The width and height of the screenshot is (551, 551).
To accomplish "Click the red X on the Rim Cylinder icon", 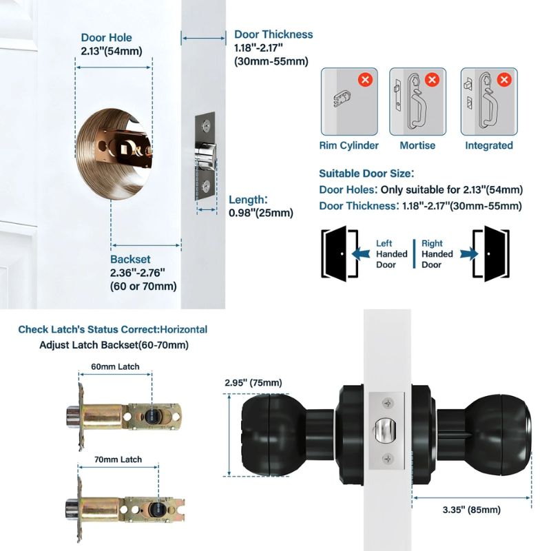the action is [366, 79].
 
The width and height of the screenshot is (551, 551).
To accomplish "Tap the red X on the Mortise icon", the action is [433, 79].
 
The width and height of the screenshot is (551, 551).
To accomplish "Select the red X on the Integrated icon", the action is [504, 79].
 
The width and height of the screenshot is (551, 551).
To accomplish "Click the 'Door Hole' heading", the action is [107, 38].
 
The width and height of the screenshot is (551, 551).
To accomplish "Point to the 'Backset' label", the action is [130, 259].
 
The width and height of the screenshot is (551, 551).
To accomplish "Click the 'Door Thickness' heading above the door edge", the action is [273, 34].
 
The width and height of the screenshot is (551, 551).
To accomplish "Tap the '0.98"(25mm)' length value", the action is [261, 213].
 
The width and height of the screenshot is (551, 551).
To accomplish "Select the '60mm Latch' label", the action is [115, 366].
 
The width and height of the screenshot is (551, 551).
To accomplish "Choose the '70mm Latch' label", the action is [118, 459].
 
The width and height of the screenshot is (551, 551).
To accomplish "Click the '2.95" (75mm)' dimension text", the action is [253, 382].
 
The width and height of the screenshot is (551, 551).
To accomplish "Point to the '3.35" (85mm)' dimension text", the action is [472, 510].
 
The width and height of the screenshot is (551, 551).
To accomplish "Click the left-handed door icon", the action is [340, 253].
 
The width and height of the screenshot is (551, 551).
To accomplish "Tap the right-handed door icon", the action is [491, 253].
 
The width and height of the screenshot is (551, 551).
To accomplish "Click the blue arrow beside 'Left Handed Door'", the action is [361, 253].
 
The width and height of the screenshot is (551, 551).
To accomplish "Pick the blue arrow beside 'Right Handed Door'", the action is [469, 253].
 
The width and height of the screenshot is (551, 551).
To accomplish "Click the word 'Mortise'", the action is [417, 145].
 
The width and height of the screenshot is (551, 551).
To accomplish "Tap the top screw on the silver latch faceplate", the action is [388, 403].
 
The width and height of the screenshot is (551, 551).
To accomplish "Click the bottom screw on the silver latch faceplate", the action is [388, 458].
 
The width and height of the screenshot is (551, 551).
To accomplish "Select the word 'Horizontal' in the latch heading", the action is [184, 329].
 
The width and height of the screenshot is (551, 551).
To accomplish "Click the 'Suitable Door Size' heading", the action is [365, 174].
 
